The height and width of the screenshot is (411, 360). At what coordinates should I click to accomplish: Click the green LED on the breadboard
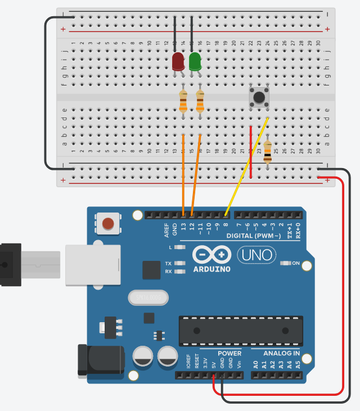click(195, 61)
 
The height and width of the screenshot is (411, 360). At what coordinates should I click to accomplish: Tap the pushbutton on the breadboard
click(259, 97)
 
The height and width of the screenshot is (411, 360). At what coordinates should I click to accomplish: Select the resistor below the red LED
click(183, 102)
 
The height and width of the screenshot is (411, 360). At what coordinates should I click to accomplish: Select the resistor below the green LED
click(200, 102)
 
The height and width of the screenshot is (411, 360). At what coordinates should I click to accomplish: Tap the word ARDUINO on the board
click(211, 269)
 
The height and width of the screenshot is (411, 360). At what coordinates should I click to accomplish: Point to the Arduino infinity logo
click(211, 255)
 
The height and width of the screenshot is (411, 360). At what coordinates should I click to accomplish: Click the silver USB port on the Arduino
click(93, 265)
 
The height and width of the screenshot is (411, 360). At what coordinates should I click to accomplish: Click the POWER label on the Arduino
click(229, 354)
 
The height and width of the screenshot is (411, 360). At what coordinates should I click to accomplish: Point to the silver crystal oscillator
click(148, 296)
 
